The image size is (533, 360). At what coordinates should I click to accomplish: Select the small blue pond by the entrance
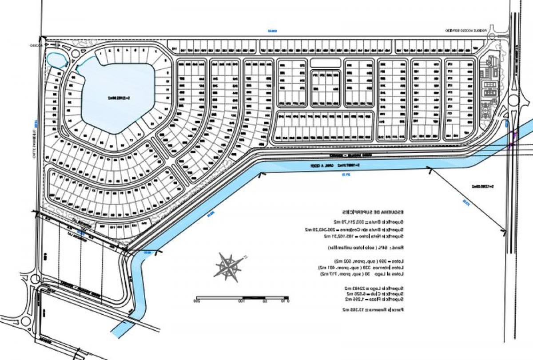[56, 59]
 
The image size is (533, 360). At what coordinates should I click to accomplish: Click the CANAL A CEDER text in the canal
[311, 166]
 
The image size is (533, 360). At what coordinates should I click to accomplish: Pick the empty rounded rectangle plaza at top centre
[325, 63]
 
